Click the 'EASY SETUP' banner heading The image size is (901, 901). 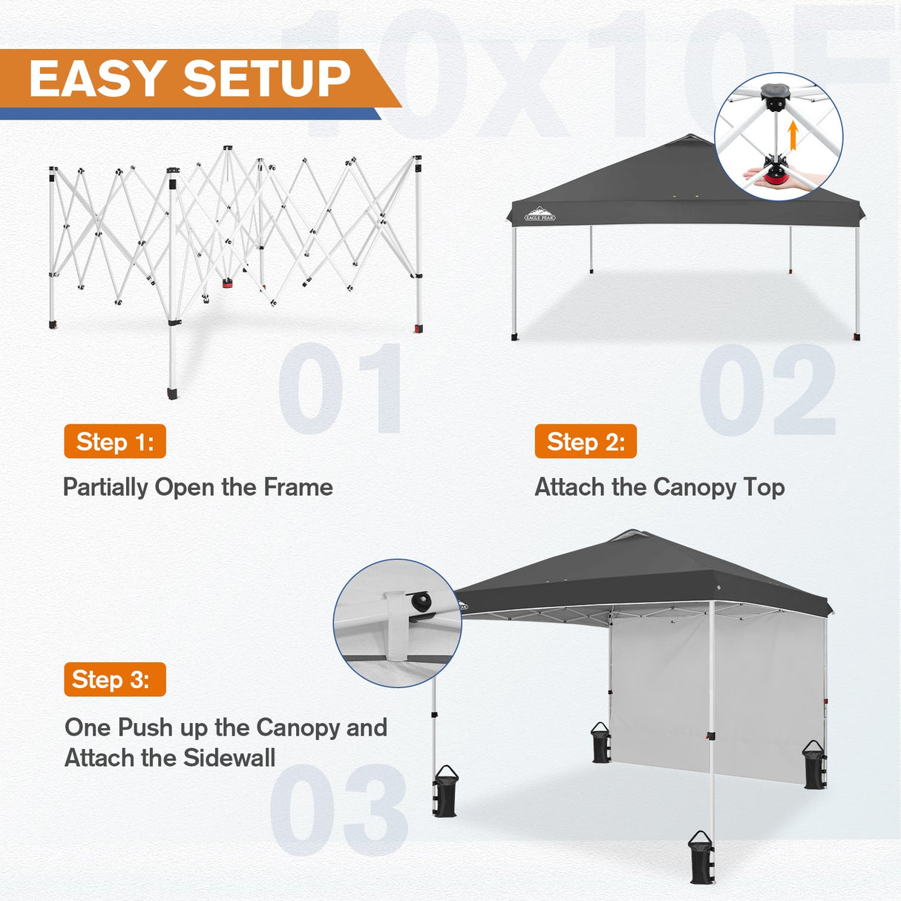click(x=189, y=79)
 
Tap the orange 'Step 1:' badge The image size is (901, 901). click(x=115, y=442)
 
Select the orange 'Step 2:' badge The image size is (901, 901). click(x=586, y=442)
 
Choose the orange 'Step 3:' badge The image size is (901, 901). click(x=115, y=679)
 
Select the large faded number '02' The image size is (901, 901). click(x=768, y=390)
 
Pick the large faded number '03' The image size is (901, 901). click(x=339, y=809)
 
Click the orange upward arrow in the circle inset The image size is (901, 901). click(x=793, y=136)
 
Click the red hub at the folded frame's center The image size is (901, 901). click(x=226, y=283)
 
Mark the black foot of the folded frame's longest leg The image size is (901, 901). click(x=173, y=392)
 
